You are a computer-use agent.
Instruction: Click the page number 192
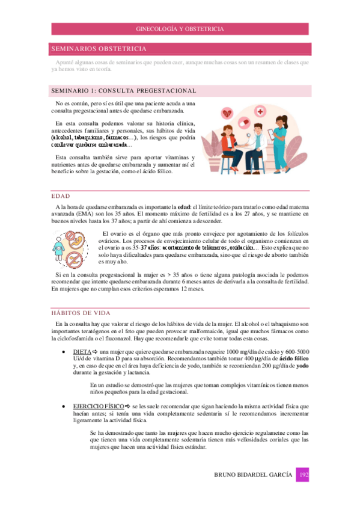point(304,476)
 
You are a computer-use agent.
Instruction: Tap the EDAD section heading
point(62,196)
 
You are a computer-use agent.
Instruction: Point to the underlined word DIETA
point(82,351)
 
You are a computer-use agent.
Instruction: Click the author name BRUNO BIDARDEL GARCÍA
point(254,476)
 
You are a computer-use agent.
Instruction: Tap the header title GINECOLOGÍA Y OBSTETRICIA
point(180,28)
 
